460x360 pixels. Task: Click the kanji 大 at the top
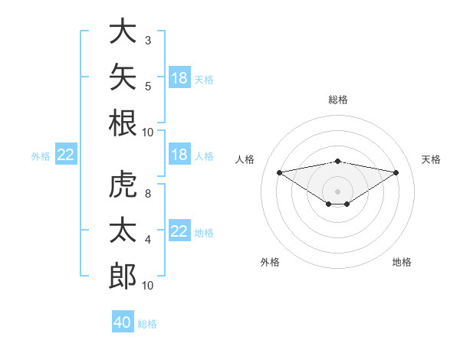(x=123, y=31)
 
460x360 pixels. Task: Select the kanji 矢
(x=123, y=77)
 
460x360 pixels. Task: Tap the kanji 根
(x=123, y=123)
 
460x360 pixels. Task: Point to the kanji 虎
(x=123, y=184)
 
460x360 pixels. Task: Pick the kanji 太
(x=123, y=230)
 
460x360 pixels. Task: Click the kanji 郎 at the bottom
(x=123, y=276)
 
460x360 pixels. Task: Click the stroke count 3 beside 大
(x=148, y=41)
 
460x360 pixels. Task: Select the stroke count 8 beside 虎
(x=148, y=194)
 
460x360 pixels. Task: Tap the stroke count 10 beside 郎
(x=147, y=286)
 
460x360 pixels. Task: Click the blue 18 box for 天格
(x=179, y=77)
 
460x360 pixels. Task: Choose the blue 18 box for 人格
(x=179, y=154)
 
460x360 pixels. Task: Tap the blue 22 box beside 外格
(x=66, y=154)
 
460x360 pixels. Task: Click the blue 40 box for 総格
(x=123, y=321)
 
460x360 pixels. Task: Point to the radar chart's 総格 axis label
(x=338, y=100)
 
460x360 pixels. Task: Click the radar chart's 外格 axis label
(x=270, y=262)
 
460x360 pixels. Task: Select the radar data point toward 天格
(x=396, y=172)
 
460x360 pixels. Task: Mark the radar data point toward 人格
(x=280, y=172)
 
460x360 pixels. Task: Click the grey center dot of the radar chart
(x=337, y=191)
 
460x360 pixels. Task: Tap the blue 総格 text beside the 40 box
(x=147, y=324)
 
